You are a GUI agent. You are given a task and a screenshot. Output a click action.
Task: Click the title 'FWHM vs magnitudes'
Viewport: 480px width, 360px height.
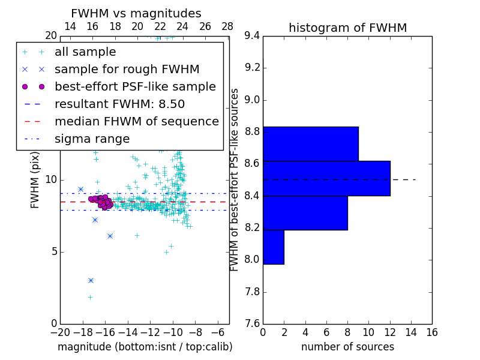136,13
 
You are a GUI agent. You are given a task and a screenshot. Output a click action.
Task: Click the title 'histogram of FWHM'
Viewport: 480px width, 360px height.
347,28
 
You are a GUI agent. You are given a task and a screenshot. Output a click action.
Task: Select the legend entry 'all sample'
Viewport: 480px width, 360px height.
85,52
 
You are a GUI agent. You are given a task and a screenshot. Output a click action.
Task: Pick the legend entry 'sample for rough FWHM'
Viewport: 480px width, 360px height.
127,69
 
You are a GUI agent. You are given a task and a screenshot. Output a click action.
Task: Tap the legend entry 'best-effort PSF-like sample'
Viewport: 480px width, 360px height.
135,86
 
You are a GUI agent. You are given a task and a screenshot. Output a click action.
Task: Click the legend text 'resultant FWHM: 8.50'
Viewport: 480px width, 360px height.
119,104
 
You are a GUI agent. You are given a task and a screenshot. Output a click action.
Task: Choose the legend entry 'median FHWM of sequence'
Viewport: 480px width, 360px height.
136,121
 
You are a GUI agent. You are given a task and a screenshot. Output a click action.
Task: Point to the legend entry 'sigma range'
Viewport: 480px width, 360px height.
92,139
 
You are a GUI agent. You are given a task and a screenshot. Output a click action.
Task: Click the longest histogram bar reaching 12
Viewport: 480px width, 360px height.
326,178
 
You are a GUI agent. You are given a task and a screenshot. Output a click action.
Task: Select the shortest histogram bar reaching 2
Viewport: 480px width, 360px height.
274,247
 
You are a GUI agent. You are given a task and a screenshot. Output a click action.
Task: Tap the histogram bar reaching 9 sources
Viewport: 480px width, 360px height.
310,144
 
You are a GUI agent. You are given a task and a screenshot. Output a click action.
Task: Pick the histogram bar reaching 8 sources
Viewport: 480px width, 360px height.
305,213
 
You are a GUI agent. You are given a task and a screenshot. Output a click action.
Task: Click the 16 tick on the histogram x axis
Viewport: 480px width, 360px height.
432,331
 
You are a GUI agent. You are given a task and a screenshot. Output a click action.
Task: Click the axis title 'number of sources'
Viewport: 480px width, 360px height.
347,347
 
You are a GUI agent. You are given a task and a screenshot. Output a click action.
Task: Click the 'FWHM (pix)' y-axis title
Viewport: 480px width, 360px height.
35,179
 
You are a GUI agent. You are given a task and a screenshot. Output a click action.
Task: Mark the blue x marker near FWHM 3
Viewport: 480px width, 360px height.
91,280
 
